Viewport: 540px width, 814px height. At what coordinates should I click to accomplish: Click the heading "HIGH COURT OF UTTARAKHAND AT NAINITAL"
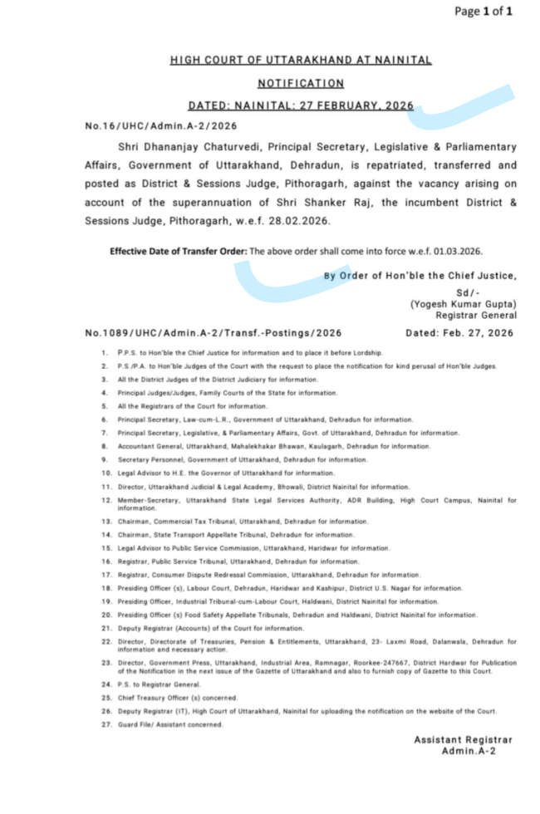301,61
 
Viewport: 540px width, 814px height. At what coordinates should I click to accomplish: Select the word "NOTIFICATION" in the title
301,83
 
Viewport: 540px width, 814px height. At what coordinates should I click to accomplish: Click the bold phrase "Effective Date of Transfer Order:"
179,251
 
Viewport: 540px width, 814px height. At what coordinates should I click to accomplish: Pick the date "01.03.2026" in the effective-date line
458,251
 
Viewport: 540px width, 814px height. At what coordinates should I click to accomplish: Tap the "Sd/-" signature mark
469,292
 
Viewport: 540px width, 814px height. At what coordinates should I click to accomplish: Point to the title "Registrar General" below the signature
476,316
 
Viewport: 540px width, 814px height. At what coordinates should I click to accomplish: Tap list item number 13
107,522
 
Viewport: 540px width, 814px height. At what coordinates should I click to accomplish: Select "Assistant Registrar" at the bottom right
463,740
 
